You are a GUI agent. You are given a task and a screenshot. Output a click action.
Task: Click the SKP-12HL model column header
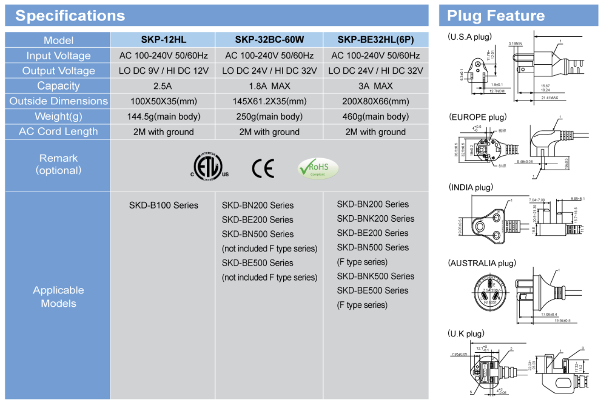click(x=163, y=40)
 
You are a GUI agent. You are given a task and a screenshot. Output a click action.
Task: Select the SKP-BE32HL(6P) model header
click(x=376, y=40)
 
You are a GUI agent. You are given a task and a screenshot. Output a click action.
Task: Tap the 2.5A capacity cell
click(x=163, y=86)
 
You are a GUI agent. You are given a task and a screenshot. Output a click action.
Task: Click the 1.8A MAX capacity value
click(x=269, y=86)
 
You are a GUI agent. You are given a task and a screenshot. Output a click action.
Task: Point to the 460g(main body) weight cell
click(x=376, y=116)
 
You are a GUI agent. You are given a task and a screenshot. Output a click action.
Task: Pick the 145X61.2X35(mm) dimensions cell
click(x=269, y=101)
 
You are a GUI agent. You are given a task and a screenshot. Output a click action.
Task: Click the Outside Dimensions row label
click(x=58, y=101)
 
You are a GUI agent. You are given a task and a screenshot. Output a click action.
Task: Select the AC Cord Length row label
click(x=58, y=132)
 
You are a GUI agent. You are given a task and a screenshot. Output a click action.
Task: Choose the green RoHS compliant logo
click(x=318, y=168)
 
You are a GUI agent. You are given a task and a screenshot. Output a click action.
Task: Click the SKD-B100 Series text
click(x=164, y=205)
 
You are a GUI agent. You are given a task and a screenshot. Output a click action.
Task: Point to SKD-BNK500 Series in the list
click(x=376, y=276)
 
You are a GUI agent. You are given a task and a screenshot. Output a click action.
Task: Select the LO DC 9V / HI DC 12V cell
click(x=163, y=71)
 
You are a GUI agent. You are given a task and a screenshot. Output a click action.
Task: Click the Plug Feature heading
click(x=496, y=16)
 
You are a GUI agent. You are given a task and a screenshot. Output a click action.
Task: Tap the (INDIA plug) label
click(x=470, y=188)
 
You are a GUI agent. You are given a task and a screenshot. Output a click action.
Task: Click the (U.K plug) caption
click(x=466, y=334)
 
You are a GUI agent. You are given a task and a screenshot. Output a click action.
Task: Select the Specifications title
click(x=70, y=16)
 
